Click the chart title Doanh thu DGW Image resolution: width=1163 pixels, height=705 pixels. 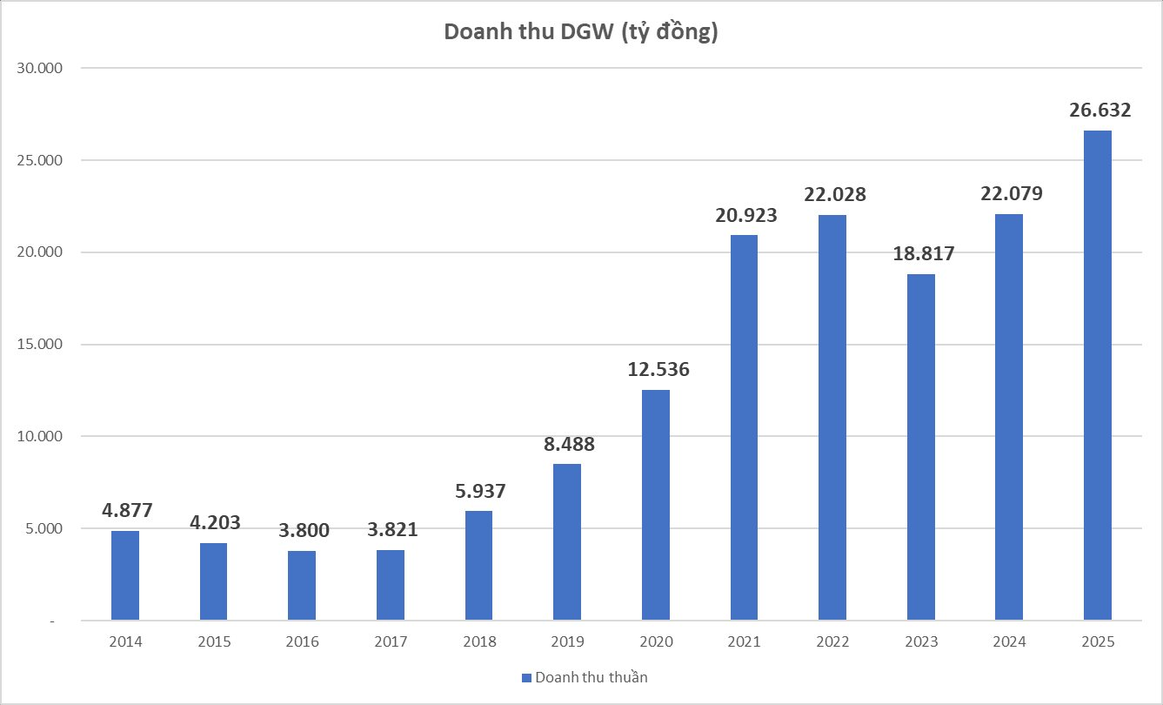coord(581,31)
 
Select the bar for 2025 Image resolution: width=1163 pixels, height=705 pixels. coord(1098,375)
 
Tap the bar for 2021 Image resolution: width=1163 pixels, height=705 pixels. coord(744,427)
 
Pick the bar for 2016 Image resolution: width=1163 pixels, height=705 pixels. coord(302,586)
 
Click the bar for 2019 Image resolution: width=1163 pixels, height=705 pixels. coord(567,542)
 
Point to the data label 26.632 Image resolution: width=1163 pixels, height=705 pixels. coord(1100,110)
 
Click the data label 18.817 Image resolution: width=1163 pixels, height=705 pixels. coord(922,254)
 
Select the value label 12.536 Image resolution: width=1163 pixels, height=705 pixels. coord(658,369)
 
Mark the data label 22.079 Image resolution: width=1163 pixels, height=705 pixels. coord(1010,193)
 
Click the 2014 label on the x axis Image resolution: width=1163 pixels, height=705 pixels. coord(125,642)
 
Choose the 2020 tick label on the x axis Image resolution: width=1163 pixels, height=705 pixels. coord(656,642)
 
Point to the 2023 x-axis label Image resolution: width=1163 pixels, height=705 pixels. coord(921,642)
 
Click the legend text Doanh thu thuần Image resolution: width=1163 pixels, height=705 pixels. coord(591,677)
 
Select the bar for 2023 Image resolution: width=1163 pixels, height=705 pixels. coord(921,447)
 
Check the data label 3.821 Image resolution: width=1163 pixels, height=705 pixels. coord(391,529)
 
